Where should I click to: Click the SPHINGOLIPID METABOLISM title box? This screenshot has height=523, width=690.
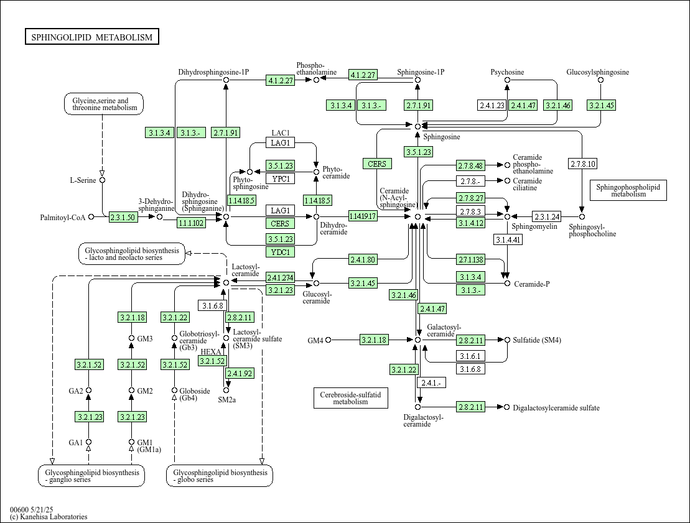pyautogui.click(x=92, y=37)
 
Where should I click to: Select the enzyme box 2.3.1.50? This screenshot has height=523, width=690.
pyautogui.click(x=123, y=217)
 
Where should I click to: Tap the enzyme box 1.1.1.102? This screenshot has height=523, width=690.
pyautogui.click(x=192, y=223)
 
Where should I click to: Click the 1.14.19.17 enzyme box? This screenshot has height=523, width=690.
pyautogui.click(x=363, y=216)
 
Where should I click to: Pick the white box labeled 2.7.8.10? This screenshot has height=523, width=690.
pyautogui.click(x=582, y=164)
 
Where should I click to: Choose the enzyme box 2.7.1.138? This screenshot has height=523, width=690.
pyautogui.click(x=471, y=259)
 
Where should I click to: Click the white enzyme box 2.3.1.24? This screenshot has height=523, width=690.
pyautogui.click(x=547, y=216)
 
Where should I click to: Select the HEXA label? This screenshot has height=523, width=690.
pyautogui.click(x=211, y=352)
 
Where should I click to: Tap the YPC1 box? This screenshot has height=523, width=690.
pyautogui.click(x=281, y=178)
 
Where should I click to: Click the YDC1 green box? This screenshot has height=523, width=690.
pyautogui.click(x=281, y=252)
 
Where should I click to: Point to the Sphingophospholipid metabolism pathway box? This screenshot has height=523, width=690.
pyautogui.click(x=628, y=190)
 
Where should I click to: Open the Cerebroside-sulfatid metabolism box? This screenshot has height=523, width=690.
pyautogui.click(x=351, y=398)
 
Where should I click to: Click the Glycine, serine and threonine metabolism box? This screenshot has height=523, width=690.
pyautogui.click(x=104, y=104)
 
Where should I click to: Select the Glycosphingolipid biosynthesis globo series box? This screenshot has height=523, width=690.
pyautogui.click(x=220, y=476)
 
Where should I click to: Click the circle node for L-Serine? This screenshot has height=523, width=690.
pyautogui.click(x=102, y=180)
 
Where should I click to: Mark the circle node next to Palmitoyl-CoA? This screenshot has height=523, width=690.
pyautogui.click(x=91, y=217)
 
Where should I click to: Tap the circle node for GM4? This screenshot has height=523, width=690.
pyautogui.click(x=328, y=340)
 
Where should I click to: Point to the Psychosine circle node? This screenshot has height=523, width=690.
pyautogui.click(x=507, y=80)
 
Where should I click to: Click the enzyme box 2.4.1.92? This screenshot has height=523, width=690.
pyautogui.click(x=240, y=374)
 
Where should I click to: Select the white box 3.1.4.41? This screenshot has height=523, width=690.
pyautogui.click(x=508, y=239)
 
